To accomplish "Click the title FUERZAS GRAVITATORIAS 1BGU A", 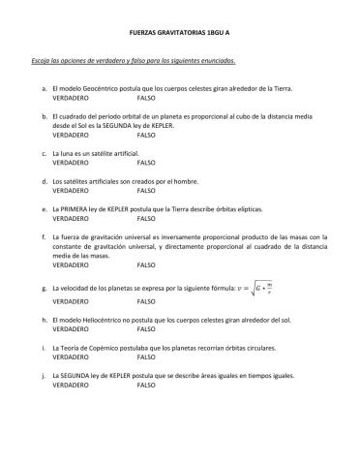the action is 179,32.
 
